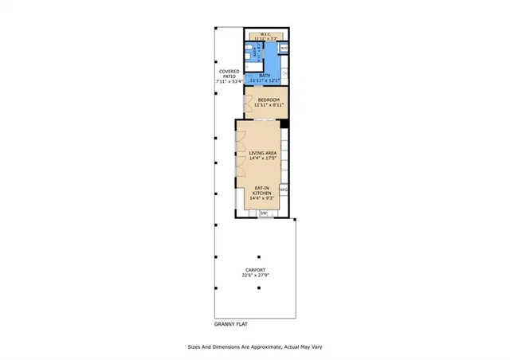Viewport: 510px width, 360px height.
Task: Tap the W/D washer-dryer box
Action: tap(284, 48)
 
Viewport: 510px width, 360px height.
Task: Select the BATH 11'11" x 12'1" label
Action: tap(264, 78)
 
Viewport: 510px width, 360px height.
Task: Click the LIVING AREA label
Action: tap(262, 152)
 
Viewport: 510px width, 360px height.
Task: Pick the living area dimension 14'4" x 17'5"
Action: tap(262, 158)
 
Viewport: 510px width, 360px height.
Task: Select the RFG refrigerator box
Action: tap(283, 190)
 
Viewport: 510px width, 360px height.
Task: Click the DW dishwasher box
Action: tap(263, 213)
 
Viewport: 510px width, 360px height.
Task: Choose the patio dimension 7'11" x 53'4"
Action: tap(231, 81)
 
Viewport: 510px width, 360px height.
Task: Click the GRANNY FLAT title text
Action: tap(233, 324)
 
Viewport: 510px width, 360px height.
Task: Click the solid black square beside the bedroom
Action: tap(284, 122)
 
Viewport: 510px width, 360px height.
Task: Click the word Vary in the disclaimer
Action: tap(315, 347)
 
